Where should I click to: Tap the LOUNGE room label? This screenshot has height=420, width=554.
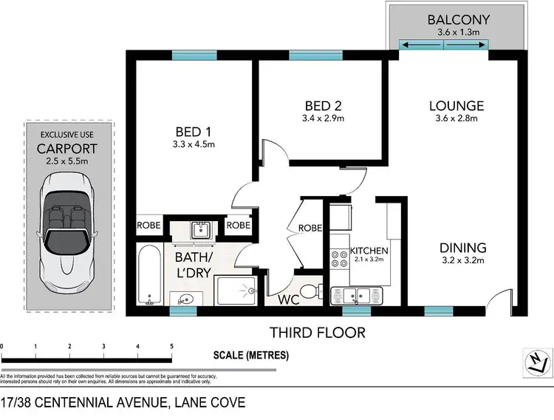pyautogui.click(x=456, y=106)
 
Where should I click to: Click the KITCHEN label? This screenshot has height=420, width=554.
pyautogui.click(x=369, y=251)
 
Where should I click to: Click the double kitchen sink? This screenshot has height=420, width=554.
pyautogui.click(x=360, y=297)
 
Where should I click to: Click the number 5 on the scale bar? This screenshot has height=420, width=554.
pyautogui.click(x=171, y=346)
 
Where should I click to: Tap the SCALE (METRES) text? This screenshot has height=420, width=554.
pyautogui.click(x=251, y=356)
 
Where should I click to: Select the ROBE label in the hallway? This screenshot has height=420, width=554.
pyautogui.click(x=310, y=228)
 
